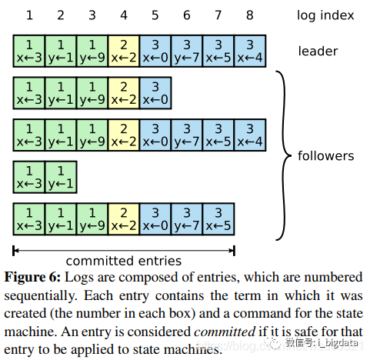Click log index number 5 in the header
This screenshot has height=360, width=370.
pos(155,15)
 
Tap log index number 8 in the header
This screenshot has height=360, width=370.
pos(250,15)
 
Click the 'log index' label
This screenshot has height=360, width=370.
pos(325,15)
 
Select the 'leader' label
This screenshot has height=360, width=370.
pos(318,52)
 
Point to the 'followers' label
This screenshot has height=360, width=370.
pos(326,155)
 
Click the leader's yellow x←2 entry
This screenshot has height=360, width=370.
pos(124,52)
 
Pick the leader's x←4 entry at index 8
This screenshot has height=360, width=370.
pos(250,52)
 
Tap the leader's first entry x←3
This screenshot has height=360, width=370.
pos(29,52)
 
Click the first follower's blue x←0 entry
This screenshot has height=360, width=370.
pos(155,93)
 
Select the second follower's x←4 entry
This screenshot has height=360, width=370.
pos(250,135)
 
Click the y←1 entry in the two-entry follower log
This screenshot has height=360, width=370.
pos(61,177)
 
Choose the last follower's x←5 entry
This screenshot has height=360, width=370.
pos(218,219)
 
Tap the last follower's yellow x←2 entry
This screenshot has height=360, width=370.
pos(124,219)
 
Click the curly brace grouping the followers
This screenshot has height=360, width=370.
pos(284,155)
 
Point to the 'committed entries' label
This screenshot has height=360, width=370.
pos(124,261)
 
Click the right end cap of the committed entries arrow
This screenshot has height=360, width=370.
pos(234,251)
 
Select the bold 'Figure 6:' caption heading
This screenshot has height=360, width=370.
pos(32,277)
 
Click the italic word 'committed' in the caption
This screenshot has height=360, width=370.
pos(225,332)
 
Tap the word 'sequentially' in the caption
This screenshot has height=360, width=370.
pos(41,296)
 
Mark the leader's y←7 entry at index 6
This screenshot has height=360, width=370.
pos(187,52)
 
